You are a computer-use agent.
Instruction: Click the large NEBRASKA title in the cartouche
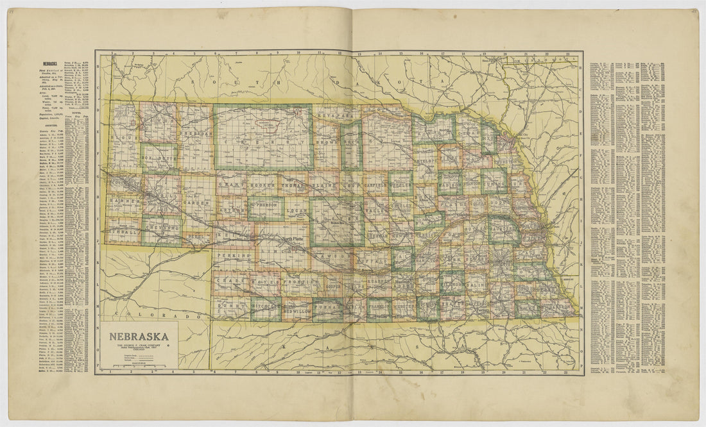[139, 336]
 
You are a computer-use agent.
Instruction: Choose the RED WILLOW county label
[296, 310]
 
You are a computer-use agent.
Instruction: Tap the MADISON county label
[451, 185]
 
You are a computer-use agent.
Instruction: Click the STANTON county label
[472, 184]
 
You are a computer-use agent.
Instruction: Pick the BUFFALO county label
[368, 262]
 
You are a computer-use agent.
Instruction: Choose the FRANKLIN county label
[379, 308]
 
